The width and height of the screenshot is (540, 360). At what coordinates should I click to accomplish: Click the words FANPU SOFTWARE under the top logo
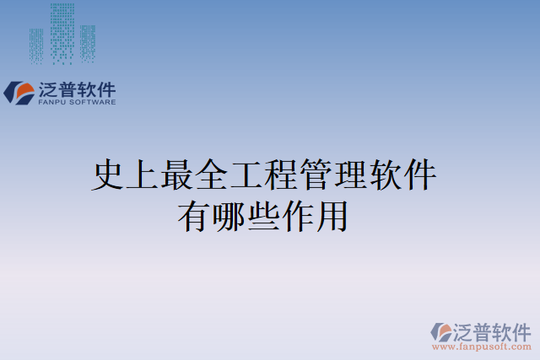78,102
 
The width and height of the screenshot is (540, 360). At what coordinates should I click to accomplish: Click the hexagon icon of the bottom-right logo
441,330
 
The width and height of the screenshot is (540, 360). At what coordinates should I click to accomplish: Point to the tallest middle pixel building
62,34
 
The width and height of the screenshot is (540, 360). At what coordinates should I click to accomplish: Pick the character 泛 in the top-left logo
48,89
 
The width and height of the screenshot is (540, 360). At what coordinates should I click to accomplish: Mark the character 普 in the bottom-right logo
482,330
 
